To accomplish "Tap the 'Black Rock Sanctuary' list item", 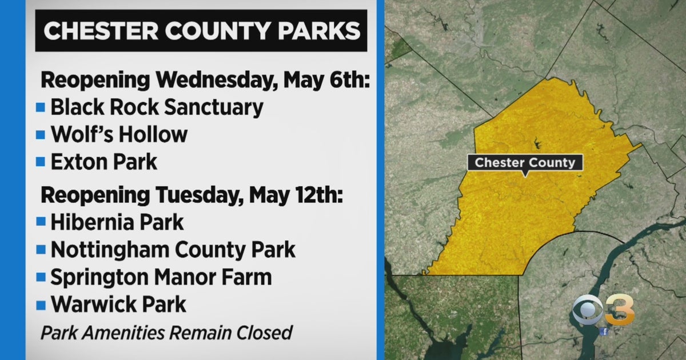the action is coord(157,107).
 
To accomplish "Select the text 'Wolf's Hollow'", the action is coord(119,134).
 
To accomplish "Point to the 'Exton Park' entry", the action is coord(103,162).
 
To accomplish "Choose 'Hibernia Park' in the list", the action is coord(117,222).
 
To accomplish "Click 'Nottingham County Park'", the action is coord(173,249).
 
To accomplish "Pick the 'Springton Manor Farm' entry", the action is coord(161,277).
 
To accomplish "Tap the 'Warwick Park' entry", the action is coord(118,305).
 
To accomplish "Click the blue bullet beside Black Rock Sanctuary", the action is coord(40,107).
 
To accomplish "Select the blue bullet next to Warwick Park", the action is coord(40,305).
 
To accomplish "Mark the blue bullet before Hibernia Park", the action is coord(40,222).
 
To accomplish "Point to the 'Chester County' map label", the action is coord(525,163).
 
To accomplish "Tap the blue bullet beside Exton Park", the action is coord(40,162).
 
